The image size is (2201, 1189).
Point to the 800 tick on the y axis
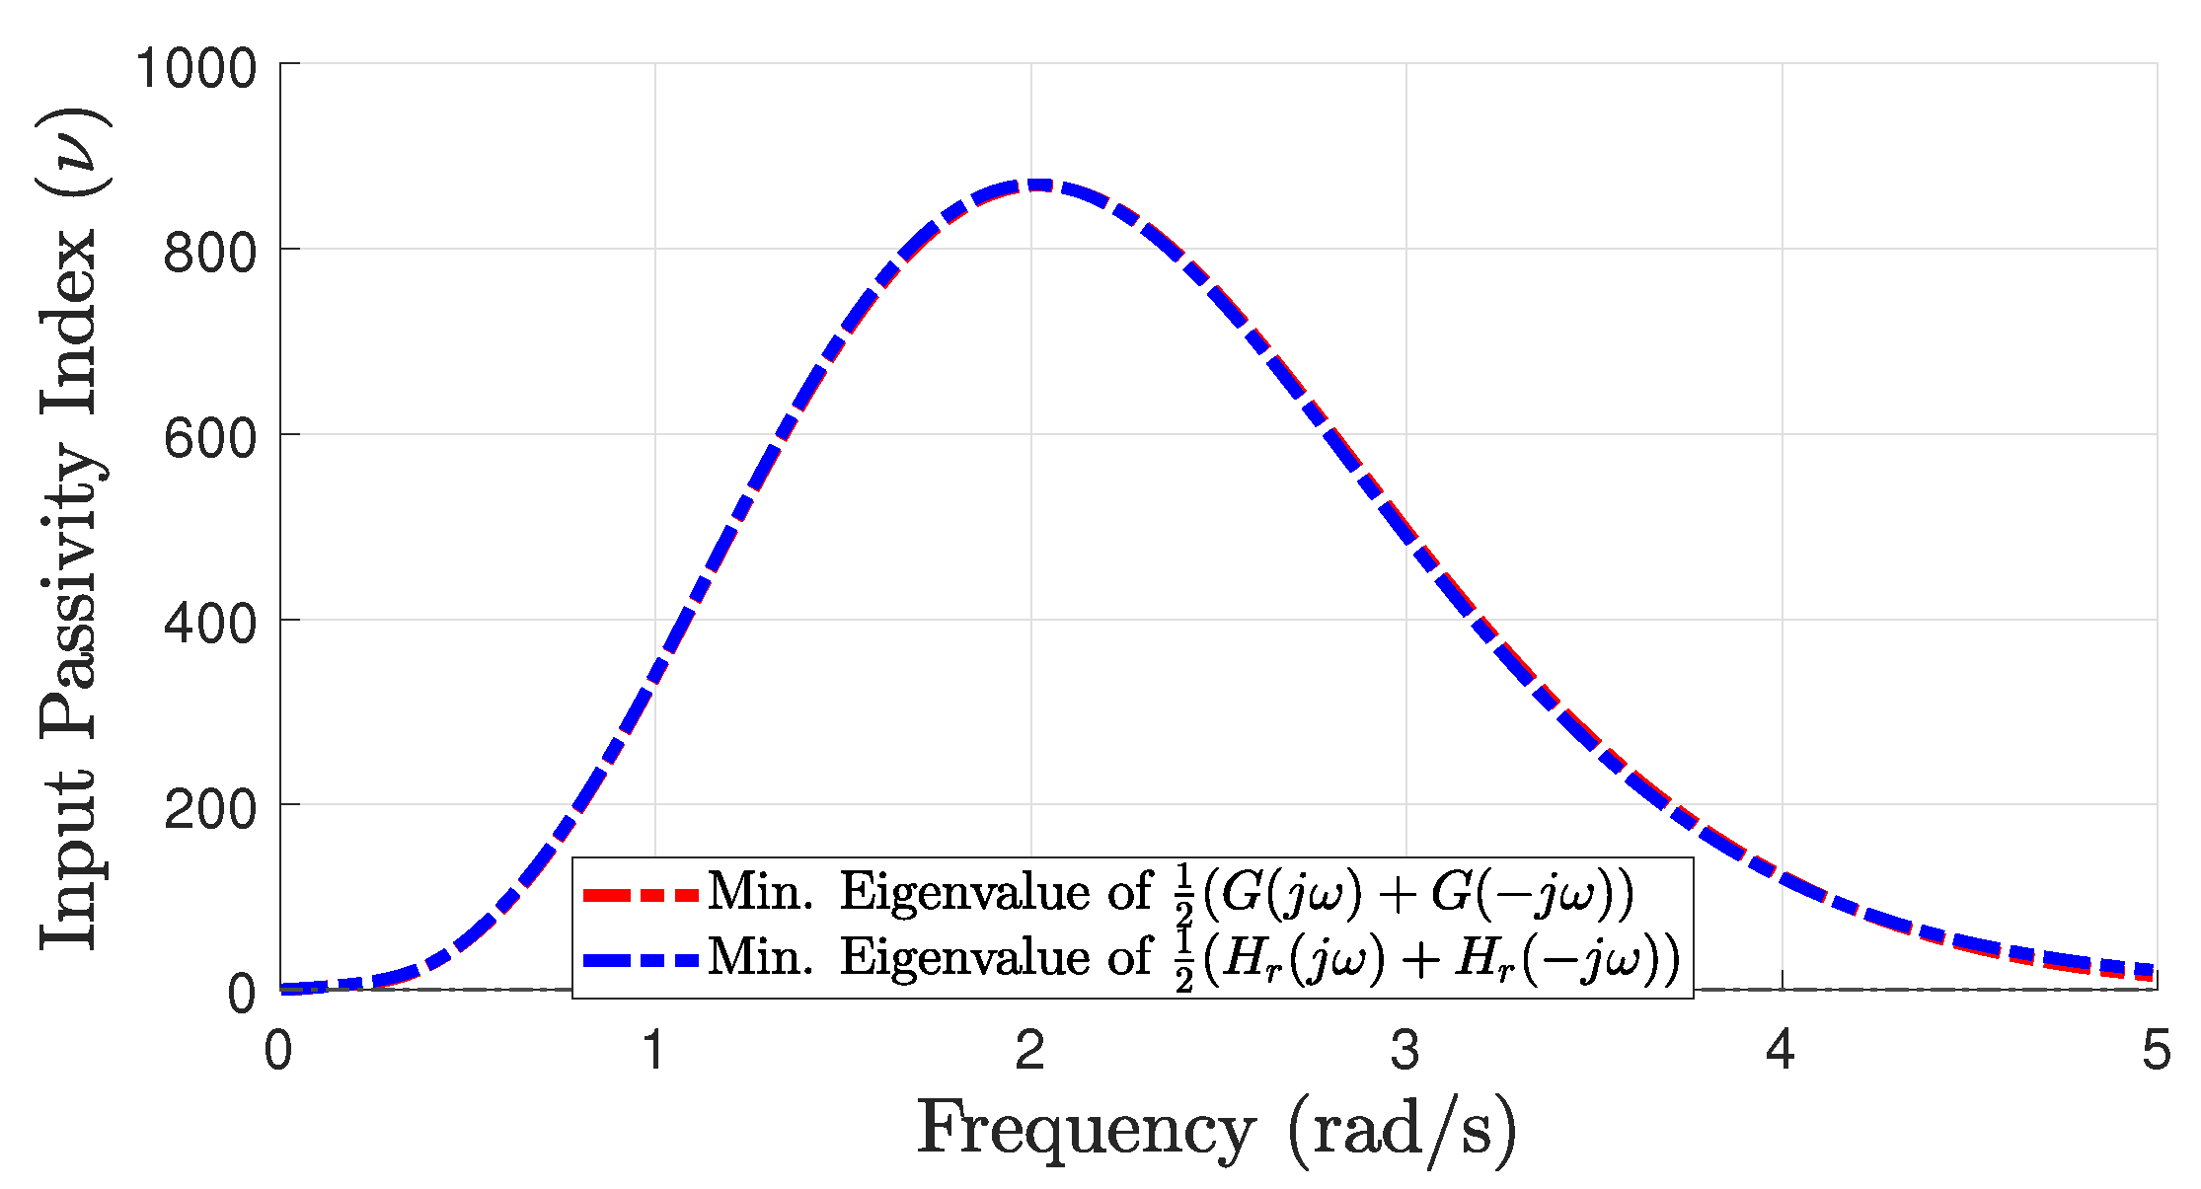(x=209, y=254)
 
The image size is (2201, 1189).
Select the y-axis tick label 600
(x=209, y=438)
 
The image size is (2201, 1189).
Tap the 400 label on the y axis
(x=209, y=624)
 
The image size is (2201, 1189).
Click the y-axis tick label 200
(x=209, y=809)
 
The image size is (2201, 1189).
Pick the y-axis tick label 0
(x=242, y=994)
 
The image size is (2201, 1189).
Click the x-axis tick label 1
(x=654, y=1050)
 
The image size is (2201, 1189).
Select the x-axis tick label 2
(x=1030, y=1050)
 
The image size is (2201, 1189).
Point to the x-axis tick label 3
(x=1405, y=1050)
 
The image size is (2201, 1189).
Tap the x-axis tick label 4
(x=1781, y=1050)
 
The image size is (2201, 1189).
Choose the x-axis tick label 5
(x=2156, y=1050)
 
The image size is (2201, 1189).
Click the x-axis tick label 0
(x=278, y=1050)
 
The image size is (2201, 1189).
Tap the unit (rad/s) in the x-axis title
(x=1402, y=1129)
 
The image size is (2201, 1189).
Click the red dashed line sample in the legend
(x=640, y=896)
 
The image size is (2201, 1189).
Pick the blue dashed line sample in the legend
(x=640, y=959)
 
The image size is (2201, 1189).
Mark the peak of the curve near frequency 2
(x=1032, y=185)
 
